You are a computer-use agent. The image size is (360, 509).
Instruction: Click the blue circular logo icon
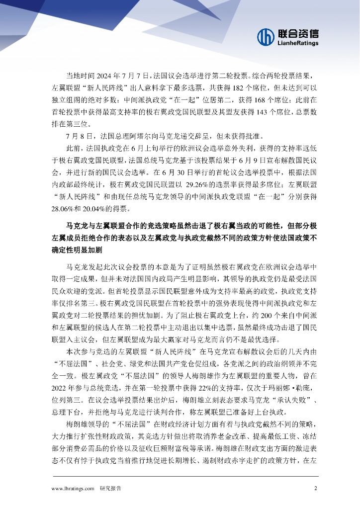(x=266, y=36)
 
